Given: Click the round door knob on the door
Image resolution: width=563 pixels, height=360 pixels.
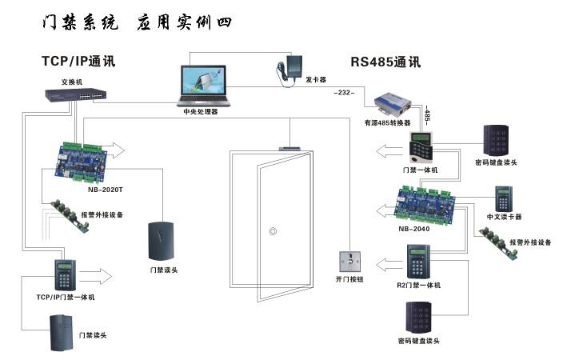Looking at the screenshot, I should click(273, 233).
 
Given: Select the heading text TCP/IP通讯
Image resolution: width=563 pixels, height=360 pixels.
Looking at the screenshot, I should click(79, 61).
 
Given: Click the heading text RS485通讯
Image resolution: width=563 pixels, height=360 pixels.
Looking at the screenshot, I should click(385, 62).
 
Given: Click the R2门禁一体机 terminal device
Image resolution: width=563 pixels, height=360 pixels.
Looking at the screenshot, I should click(417, 262).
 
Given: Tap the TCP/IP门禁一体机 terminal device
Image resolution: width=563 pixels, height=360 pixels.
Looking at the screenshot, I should click(64, 276).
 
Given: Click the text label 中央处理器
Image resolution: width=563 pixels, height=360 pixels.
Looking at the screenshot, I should click(200, 113).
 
